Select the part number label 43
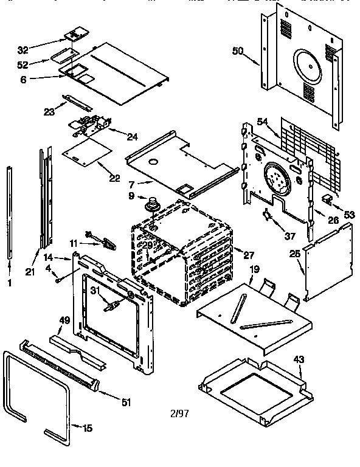pyautogui.click(x=299, y=360)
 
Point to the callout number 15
pyautogui.click(x=87, y=428)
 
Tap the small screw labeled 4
pyautogui.click(x=56, y=280)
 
